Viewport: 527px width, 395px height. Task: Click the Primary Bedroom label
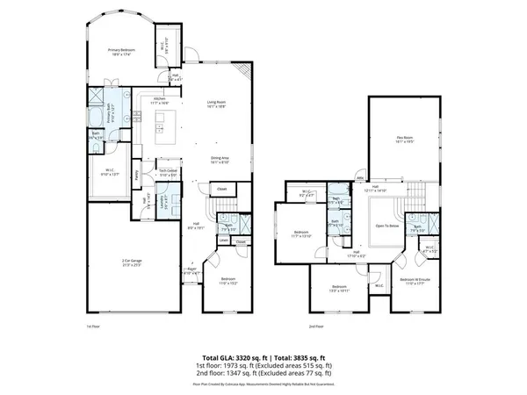click(120, 51)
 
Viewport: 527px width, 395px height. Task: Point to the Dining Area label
click(219, 158)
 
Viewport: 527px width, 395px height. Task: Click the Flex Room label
click(405, 137)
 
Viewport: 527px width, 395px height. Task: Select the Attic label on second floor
click(358, 177)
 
